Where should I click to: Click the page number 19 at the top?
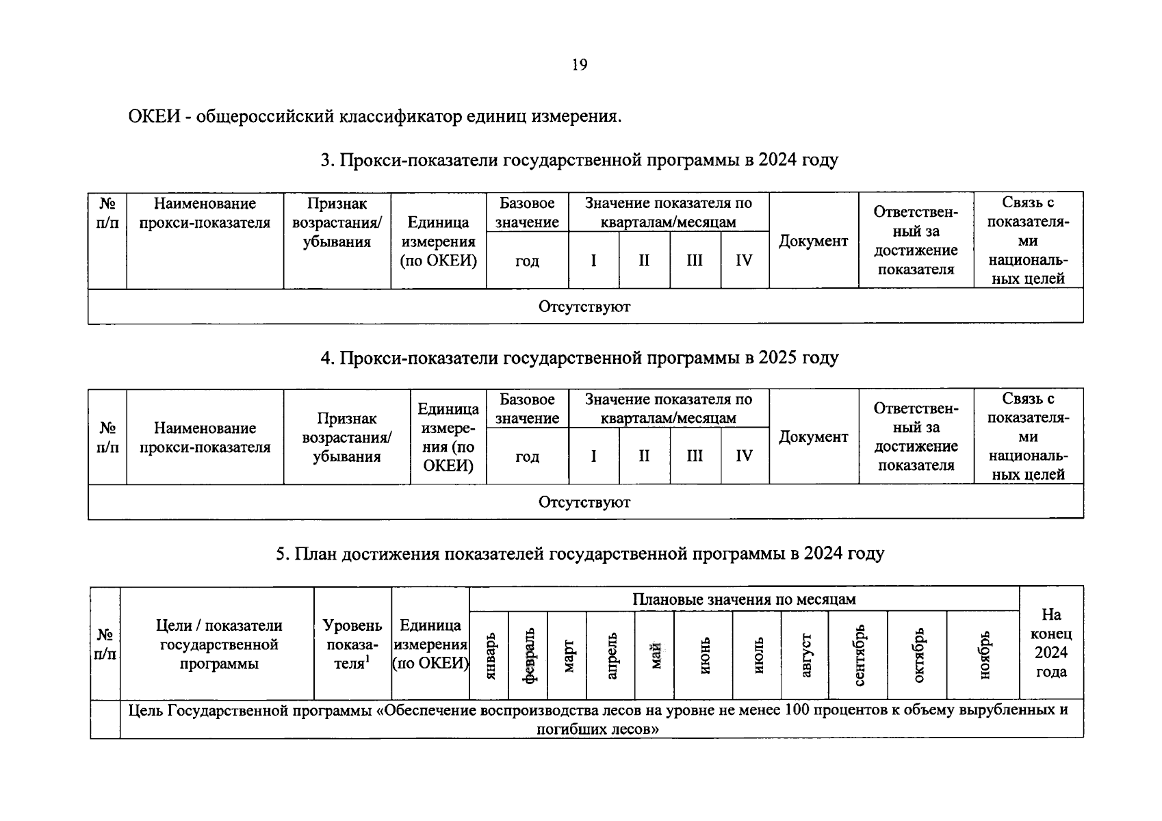click(579, 65)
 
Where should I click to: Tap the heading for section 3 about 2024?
click(579, 160)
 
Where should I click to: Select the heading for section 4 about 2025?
click(579, 358)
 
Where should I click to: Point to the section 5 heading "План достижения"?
click(579, 553)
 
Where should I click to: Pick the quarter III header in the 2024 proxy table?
click(695, 261)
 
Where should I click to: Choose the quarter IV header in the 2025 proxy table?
click(744, 456)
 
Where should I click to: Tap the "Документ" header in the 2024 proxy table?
click(813, 241)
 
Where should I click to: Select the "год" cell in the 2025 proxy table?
click(527, 456)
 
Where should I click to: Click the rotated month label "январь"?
click(489, 655)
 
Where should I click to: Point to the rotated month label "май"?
click(655, 655)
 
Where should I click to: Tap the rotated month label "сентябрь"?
click(858, 655)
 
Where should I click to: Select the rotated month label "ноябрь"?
click(983, 655)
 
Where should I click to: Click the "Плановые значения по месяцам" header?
click(744, 599)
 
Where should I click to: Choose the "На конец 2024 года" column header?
click(1051, 643)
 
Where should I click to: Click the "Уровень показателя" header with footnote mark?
click(352, 644)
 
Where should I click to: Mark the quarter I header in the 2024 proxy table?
click(593, 261)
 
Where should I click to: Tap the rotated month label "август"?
click(805, 655)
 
